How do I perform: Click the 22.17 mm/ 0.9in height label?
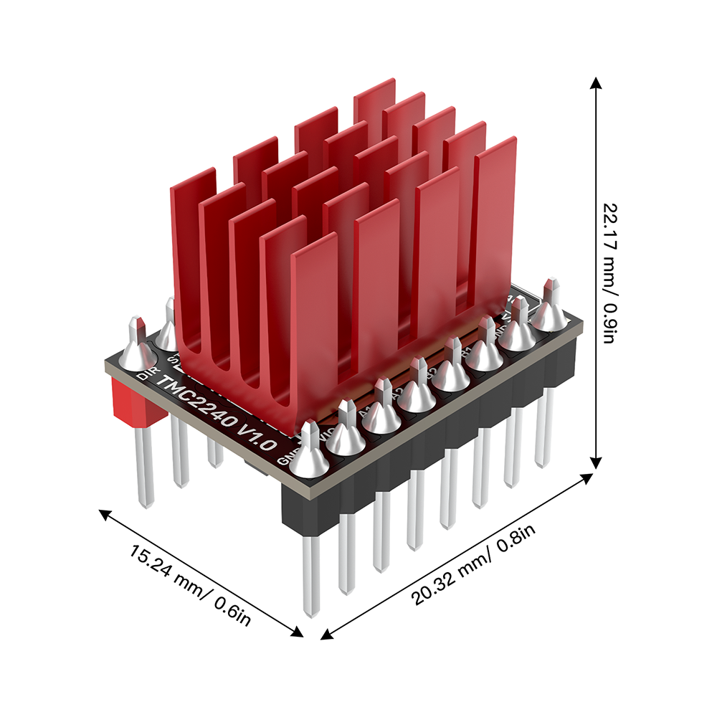[x=607, y=273]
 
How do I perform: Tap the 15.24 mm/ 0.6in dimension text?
[x=189, y=584]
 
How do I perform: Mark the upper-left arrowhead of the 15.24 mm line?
[x=104, y=513]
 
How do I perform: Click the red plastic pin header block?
[x=133, y=405]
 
